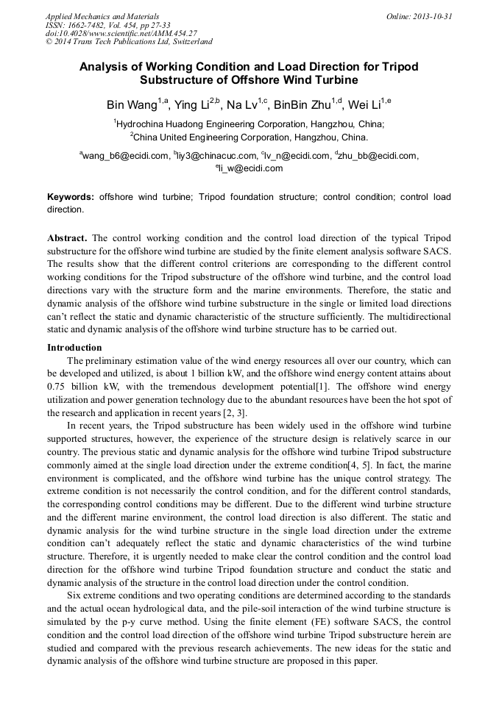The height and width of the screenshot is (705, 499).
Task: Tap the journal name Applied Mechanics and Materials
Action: pos(102,16)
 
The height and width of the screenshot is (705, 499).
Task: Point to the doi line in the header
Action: pos(121,33)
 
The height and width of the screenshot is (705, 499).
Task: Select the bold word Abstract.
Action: pos(67,239)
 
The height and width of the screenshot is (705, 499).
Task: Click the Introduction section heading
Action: pos(74,348)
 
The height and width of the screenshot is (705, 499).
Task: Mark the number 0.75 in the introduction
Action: pos(58,386)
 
